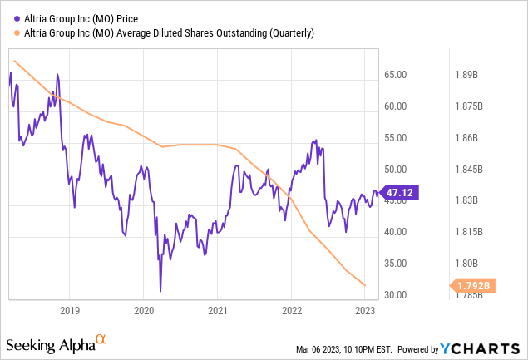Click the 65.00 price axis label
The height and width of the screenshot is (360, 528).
396,75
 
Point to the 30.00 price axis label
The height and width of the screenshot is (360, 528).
396,295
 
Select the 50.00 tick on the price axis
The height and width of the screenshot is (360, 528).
396,170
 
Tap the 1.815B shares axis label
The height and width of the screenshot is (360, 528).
466,232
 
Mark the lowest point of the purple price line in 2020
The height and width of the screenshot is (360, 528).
160,292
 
